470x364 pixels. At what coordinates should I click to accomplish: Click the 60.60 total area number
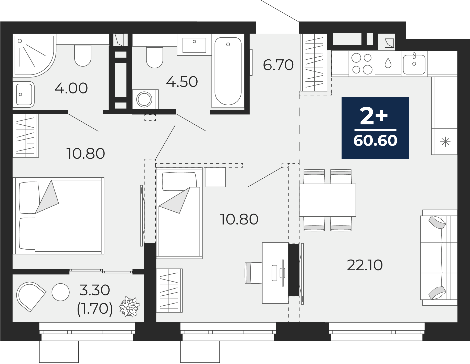pos(375,141)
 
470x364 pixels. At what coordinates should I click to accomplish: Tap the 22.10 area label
pos(365,265)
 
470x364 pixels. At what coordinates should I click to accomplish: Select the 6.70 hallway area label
pos(278,65)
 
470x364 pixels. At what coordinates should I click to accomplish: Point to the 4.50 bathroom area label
pos(182,82)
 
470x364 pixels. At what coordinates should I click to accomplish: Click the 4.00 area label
pos(71,88)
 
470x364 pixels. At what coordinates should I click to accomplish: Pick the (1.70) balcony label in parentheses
pos(95,309)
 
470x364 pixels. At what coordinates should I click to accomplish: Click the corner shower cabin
pos(35,56)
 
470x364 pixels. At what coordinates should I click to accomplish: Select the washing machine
pos(145,99)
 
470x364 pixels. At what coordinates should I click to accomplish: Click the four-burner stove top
pos(362,63)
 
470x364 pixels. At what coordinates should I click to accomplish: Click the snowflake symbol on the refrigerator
pos(445,142)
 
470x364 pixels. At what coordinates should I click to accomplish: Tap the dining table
pos(327,200)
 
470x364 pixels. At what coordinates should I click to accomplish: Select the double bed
pos(59,216)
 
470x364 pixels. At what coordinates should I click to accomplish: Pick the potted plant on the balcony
pos(130,307)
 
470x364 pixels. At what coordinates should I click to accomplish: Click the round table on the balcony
pos(61,292)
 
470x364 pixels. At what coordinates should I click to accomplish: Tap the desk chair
pos(253,273)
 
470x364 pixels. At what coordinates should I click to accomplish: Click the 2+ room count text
pos(374,116)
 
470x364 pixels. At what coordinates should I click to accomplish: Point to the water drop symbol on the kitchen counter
pos(388,63)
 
